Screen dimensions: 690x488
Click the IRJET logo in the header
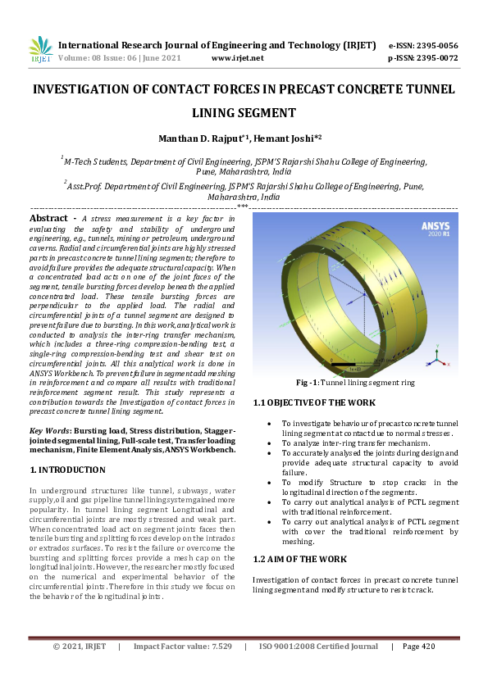[x=41, y=51]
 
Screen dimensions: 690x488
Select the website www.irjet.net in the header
[x=237, y=58]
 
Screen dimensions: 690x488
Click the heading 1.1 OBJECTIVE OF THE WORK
[x=314, y=402]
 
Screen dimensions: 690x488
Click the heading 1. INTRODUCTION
[x=67, y=470]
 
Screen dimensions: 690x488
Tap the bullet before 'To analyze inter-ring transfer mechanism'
[x=271, y=443]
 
